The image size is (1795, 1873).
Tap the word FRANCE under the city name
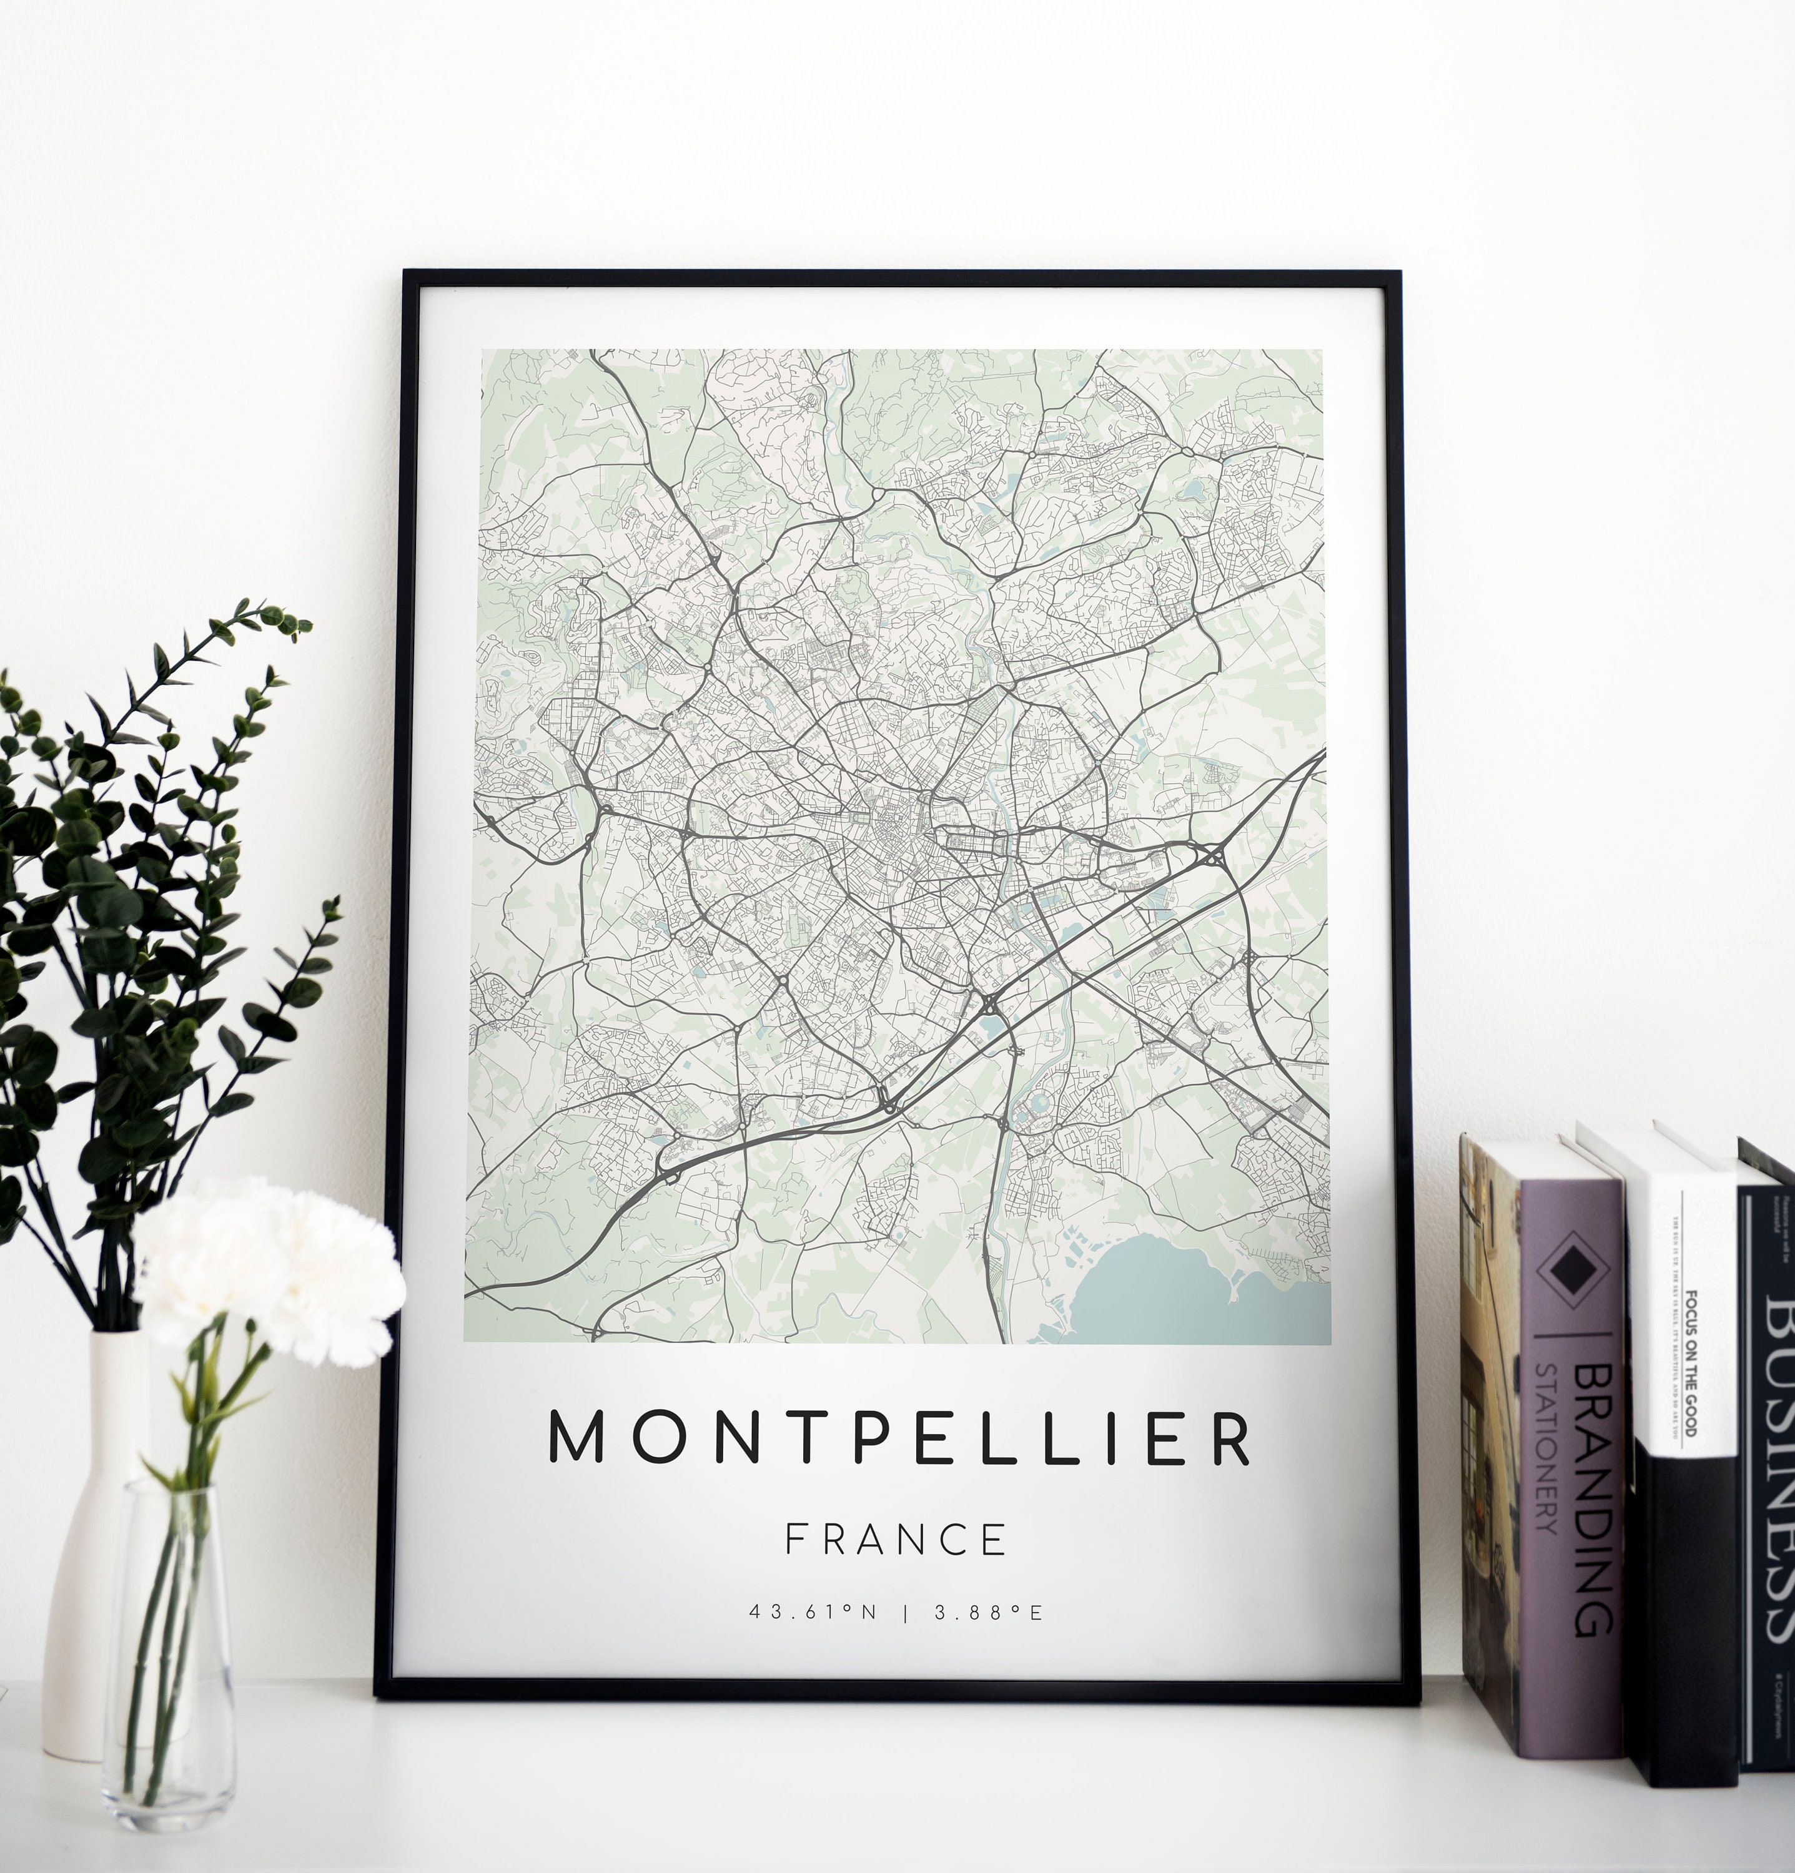pos(896,1540)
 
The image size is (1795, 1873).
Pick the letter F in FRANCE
pos(795,1540)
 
